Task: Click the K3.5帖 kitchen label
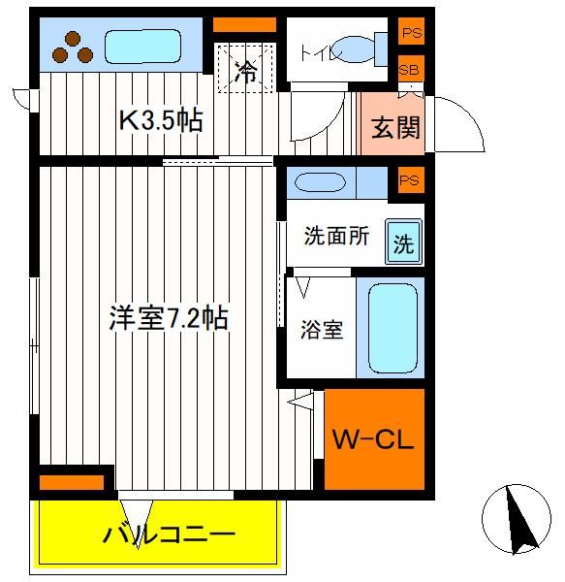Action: point(161,120)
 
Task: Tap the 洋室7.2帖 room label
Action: point(169,317)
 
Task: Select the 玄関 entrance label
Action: point(395,127)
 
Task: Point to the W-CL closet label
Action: point(373,439)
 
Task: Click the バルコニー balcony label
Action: point(169,534)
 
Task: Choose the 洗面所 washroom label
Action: point(336,236)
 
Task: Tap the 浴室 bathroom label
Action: point(322,329)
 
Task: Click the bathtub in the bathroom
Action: point(392,329)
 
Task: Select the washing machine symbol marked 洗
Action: point(404,242)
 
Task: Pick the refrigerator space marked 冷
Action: point(246,68)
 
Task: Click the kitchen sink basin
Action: point(142,47)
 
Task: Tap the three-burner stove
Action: point(73,48)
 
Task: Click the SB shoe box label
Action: point(409,70)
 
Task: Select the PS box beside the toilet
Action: point(412,32)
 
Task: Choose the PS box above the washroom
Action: point(410,180)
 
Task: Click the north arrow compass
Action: point(517,519)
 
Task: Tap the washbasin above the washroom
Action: point(320,182)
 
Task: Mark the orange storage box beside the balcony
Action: point(72,482)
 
